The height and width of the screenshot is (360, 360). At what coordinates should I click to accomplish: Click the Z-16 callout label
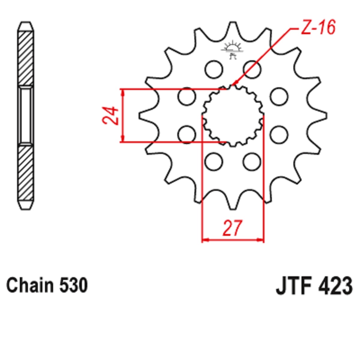pos(318,27)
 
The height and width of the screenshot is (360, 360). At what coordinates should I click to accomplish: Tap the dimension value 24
pos(110,115)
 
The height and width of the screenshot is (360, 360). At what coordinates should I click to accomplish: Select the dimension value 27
pos(232,228)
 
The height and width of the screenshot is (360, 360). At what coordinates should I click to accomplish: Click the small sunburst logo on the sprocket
pos(232,49)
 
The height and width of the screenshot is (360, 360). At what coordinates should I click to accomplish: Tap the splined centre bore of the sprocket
pos(233,115)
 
